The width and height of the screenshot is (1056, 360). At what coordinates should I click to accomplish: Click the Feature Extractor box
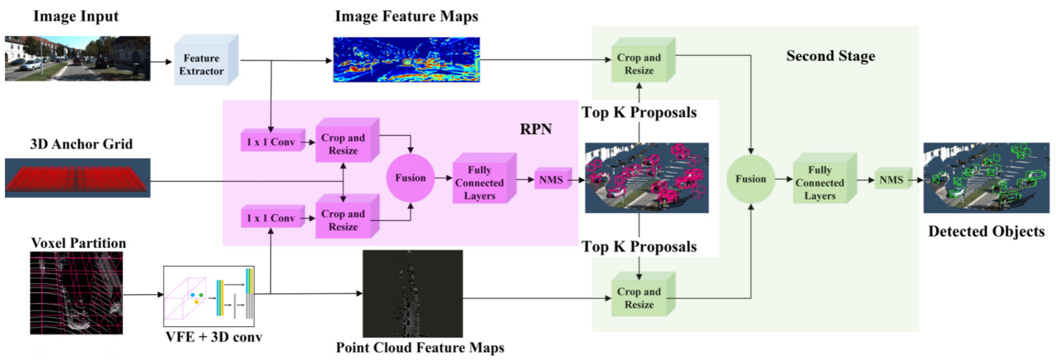202,65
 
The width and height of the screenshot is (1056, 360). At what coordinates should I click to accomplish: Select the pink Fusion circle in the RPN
410,178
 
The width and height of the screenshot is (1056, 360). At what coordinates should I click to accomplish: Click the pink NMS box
551,180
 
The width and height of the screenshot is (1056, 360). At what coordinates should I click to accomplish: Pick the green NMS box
892,180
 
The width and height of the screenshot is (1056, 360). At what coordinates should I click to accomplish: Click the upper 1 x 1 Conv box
271,142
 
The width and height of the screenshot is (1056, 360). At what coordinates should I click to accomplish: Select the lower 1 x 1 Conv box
271,218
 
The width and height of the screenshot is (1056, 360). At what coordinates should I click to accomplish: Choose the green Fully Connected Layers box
820,182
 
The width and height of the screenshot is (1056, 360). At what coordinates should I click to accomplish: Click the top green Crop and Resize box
639,64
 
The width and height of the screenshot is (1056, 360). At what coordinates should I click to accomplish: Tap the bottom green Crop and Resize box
639,298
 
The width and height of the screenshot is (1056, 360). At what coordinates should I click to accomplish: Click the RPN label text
535,129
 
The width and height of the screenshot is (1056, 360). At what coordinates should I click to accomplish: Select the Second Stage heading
831,56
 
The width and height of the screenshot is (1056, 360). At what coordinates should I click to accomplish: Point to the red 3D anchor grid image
77,178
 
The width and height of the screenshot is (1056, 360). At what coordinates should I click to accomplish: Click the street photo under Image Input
77,58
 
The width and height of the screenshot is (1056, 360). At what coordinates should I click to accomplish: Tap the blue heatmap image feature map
406,60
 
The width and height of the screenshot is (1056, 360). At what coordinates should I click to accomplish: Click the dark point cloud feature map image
412,293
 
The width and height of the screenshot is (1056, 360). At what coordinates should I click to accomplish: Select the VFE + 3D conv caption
214,337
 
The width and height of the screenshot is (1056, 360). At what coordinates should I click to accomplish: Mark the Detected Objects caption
986,231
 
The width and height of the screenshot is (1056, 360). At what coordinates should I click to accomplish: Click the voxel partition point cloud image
76,293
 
